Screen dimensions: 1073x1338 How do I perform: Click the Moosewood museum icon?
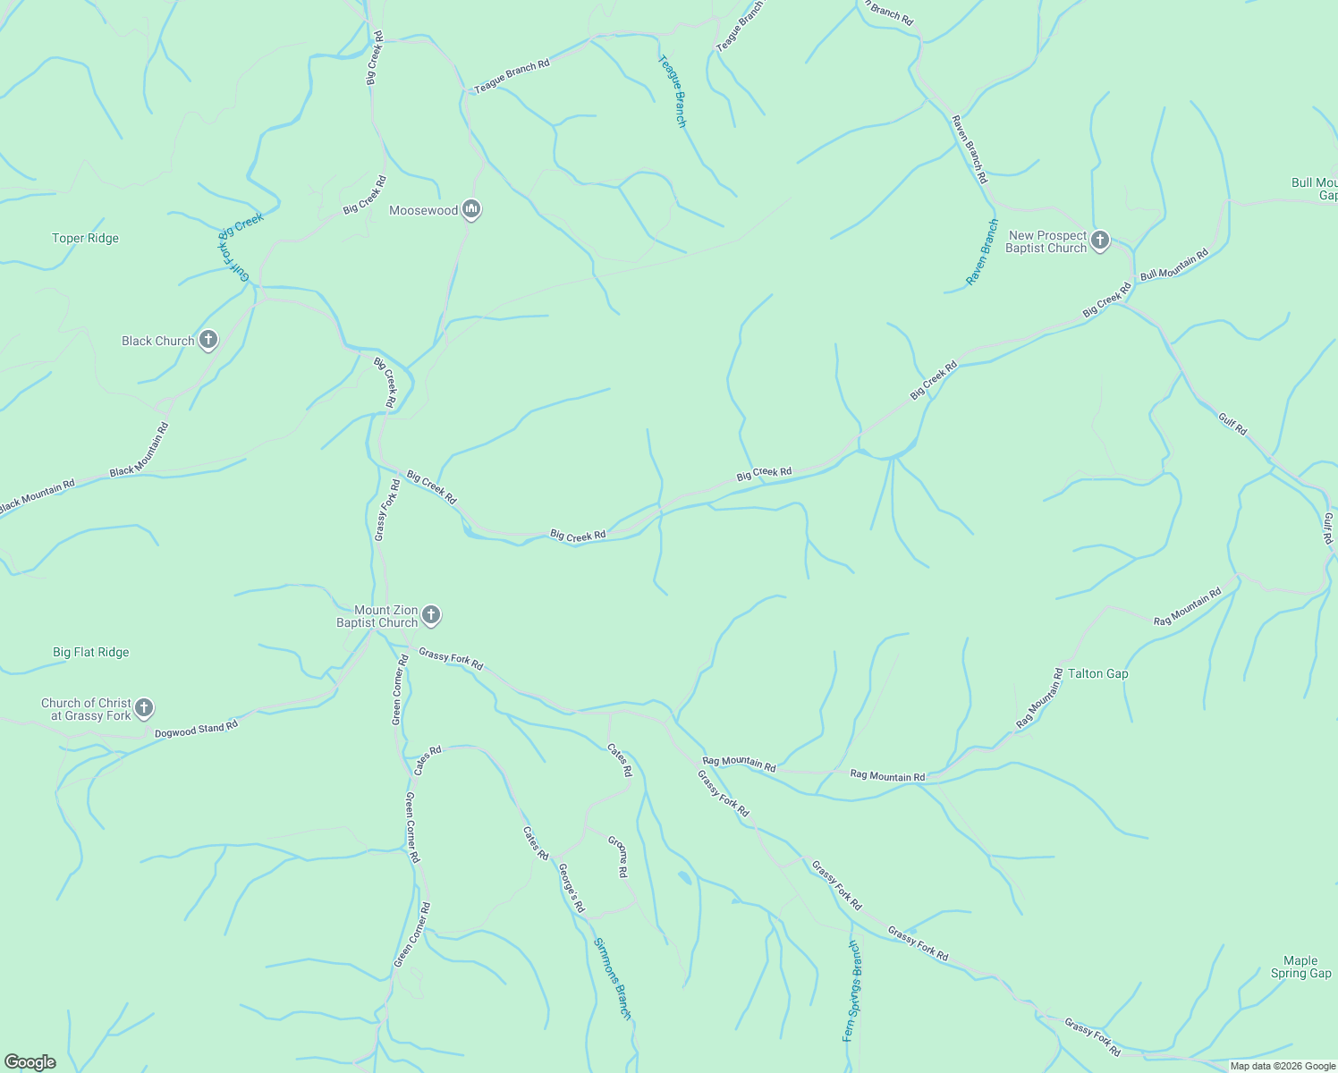[x=471, y=210]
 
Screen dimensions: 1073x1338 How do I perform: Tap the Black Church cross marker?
[x=207, y=341]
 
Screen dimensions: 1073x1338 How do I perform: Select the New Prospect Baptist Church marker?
[x=1100, y=241]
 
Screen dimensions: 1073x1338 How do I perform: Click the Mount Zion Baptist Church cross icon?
[x=431, y=615]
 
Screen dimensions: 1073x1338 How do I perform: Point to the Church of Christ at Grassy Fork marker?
[x=144, y=709]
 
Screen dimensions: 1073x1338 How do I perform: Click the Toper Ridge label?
[x=85, y=238]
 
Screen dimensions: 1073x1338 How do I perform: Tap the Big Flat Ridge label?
[x=90, y=652]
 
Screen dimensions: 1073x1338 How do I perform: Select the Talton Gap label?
[x=1097, y=673]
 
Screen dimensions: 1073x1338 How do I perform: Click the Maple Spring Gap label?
[x=1300, y=967]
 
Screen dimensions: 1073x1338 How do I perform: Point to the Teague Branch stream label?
[x=673, y=91]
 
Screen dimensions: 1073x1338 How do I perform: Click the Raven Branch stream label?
[x=981, y=252]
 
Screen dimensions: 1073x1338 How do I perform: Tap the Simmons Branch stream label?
[x=614, y=978]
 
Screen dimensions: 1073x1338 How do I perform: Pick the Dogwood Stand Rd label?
[x=196, y=730]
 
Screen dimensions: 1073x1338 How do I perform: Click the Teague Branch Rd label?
[x=512, y=77]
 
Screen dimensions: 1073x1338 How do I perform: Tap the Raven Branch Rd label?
[x=970, y=149]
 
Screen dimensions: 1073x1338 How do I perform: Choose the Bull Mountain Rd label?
[x=1173, y=264]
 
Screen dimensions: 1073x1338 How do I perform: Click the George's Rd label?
[x=572, y=888]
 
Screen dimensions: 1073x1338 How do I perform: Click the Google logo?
[x=30, y=1062]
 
